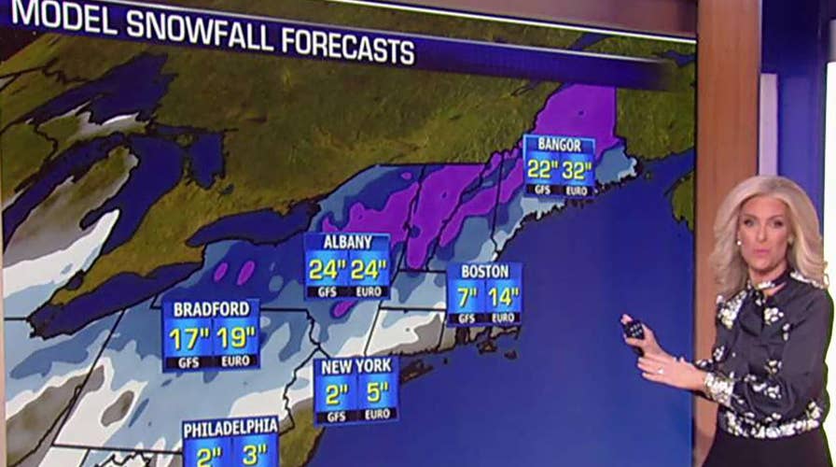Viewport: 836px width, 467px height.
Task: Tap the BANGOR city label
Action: [x=559, y=145]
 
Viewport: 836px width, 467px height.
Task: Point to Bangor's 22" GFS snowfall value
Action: [x=541, y=169]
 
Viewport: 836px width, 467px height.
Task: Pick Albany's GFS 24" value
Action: [x=327, y=270]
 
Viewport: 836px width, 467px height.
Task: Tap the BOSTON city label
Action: [x=484, y=272]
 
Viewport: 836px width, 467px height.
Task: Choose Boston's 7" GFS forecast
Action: [x=467, y=297]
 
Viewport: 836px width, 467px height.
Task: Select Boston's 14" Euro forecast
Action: [x=504, y=297]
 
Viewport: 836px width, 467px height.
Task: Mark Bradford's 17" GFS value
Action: [x=188, y=337]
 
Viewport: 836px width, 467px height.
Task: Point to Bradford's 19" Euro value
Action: [x=234, y=337]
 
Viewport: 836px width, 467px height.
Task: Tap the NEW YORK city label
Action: [x=356, y=365]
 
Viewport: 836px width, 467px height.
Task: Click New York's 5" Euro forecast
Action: [x=378, y=390]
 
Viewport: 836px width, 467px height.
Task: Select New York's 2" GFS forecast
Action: [x=335, y=390]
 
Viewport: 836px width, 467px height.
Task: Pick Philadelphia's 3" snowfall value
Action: [x=254, y=455]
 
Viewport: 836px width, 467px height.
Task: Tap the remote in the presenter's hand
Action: [x=634, y=329]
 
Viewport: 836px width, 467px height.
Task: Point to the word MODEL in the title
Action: [x=63, y=17]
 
